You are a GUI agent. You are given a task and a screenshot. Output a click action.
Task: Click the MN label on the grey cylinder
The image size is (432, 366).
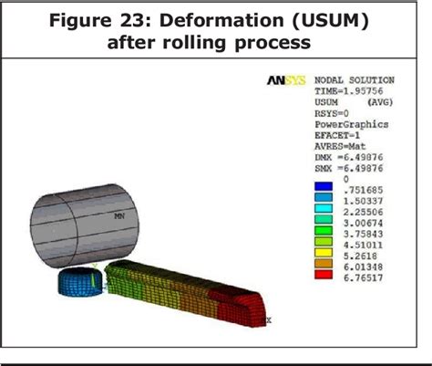[x=118, y=217]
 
